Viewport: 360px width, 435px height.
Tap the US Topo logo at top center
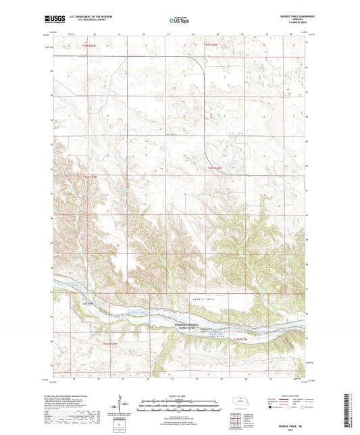179,20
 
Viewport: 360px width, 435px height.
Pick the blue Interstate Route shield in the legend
269,407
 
